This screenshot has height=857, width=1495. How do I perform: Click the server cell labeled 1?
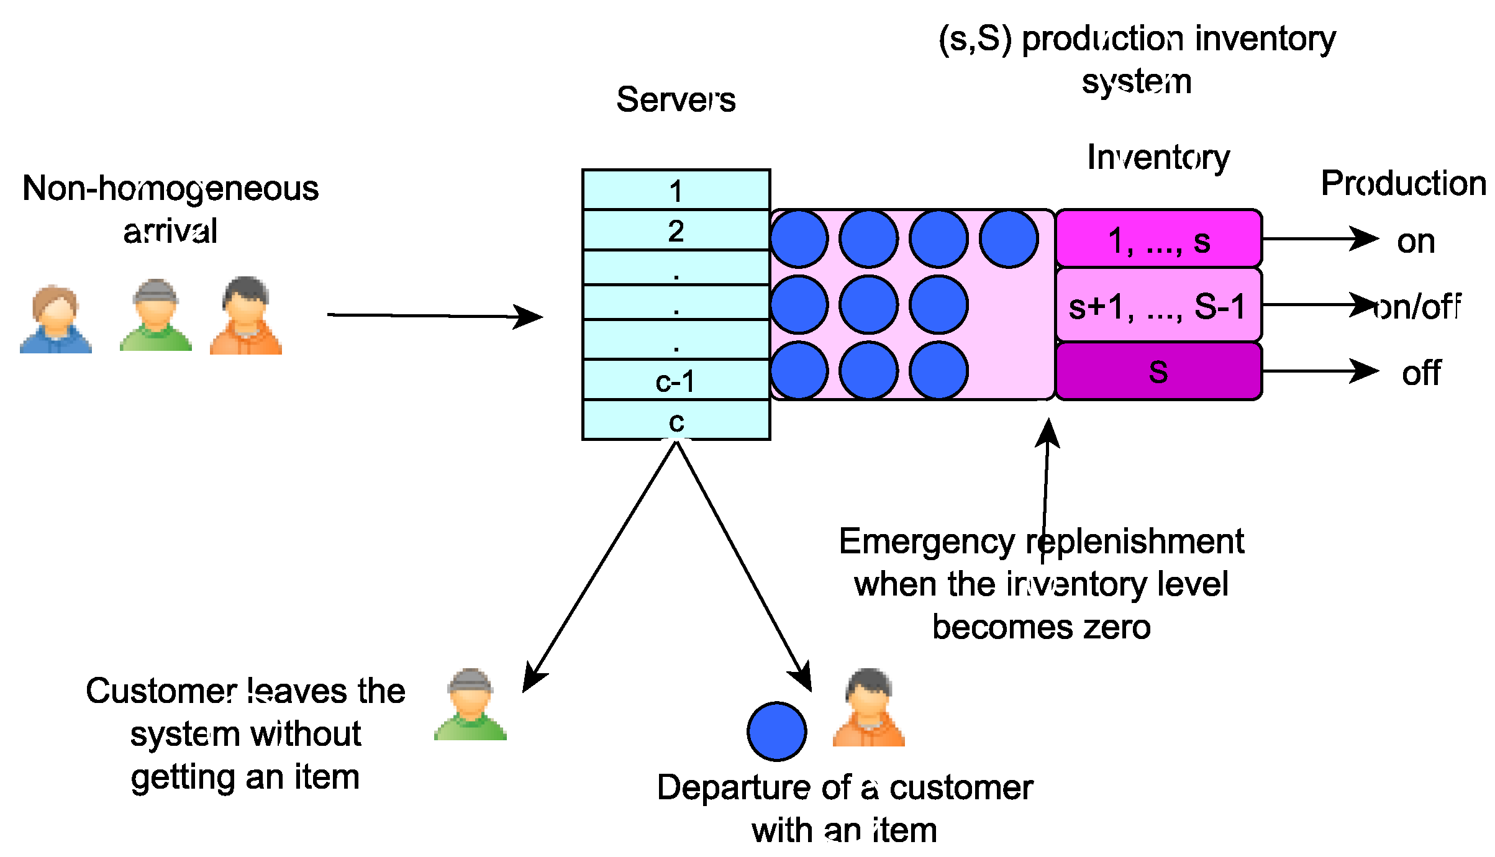click(x=676, y=190)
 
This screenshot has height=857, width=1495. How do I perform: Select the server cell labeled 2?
click(x=676, y=230)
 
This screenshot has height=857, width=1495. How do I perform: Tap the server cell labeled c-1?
click(x=676, y=380)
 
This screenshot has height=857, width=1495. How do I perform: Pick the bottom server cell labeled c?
click(x=676, y=420)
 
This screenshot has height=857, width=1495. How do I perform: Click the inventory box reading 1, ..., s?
click(x=1158, y=240)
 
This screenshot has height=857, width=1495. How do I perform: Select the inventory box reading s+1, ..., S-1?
click(x=1158, y=306)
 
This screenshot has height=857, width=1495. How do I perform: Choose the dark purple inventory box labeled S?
click(x=1158, y=371)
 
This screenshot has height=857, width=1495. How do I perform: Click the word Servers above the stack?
click(x=676, y=99)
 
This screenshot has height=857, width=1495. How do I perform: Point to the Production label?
click(x=1403, y=183)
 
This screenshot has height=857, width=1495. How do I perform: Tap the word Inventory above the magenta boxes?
click(x=1158, y=157)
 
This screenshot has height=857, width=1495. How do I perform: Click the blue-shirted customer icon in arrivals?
click(x=55, y=319)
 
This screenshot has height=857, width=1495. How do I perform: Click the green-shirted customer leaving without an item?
click(x=470, y=704)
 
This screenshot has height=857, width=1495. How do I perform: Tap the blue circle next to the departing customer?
click(x=776, y=732)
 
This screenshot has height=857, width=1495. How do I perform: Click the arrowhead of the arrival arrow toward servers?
click(x=531, y=317)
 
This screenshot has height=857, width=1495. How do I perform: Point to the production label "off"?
click(x=1421, y=373)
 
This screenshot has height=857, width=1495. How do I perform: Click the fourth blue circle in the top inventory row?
click(x=1009, y=239)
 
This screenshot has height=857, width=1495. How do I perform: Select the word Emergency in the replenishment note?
click(x=926, y=542)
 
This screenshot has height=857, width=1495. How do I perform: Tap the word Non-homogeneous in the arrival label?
click(x=170, y=188)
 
